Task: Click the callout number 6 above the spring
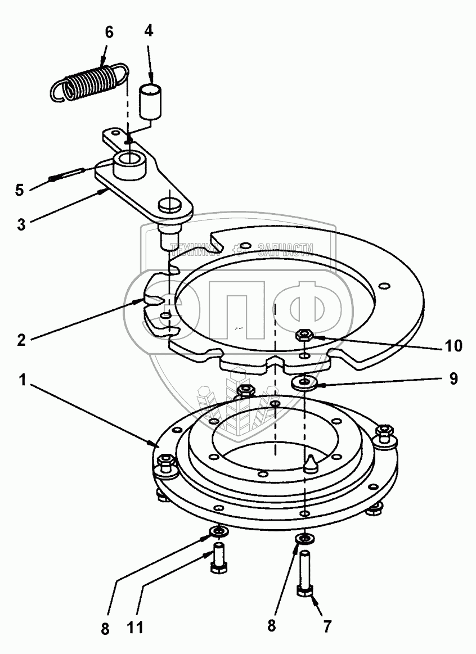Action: pyautogui.click(x=109, y=32)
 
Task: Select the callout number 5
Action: pyautogui.click(x=20, y=190)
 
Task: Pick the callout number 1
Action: pyautogui.click(x=23, y=380)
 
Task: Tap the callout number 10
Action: pyautogui.click(x=453, y=345)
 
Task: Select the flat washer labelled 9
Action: pyautogui.click(x=306, y=384)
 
